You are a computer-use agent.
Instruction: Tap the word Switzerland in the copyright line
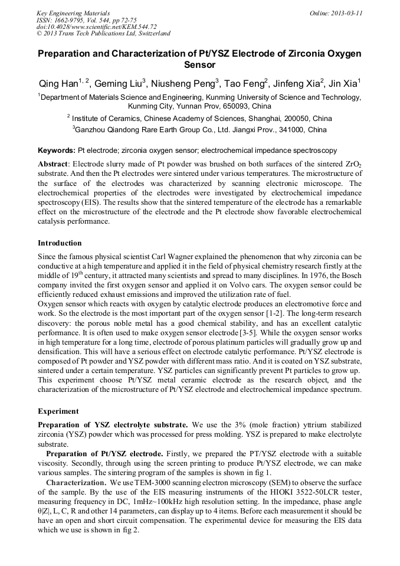pos(151,34)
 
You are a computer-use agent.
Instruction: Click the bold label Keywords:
pos(57,151)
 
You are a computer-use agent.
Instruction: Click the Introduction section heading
pos(60,243)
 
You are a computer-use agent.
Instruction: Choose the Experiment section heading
pos(57,410)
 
